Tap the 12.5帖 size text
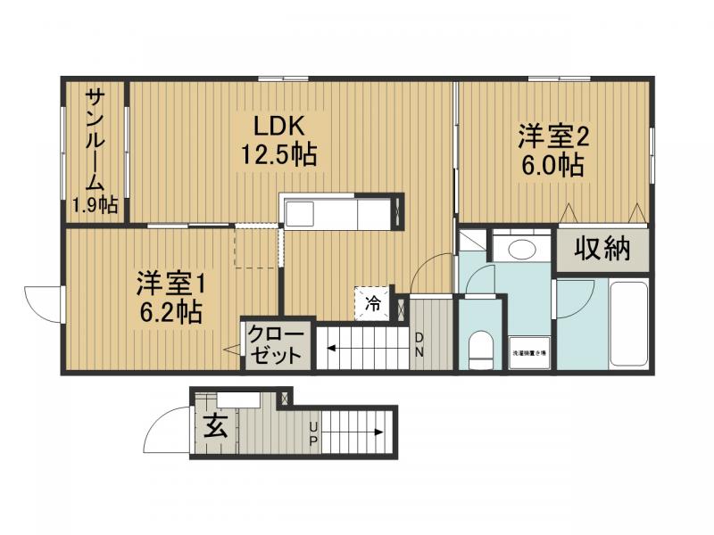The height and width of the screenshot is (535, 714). coord(278,155)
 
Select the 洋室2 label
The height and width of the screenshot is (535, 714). coord(555,137)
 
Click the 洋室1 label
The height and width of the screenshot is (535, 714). coord(171,284)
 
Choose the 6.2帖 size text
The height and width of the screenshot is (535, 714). coord(169,313)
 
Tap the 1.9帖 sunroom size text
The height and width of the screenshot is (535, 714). coord(95,206)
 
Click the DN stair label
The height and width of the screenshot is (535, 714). coord(419,345)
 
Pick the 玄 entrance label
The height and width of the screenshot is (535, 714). coord(215,427)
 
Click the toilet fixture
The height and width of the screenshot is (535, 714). coord(481,349)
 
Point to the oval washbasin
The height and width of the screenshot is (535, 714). coord(521,249)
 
